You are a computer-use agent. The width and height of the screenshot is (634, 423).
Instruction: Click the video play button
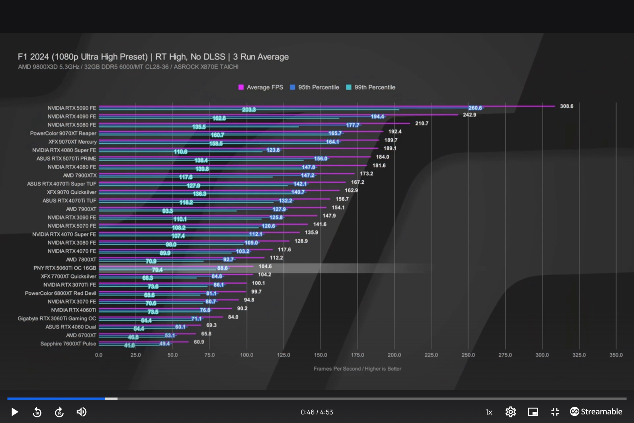click(15, 412)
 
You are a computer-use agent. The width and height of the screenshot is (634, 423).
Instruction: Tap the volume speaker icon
click(81, 412)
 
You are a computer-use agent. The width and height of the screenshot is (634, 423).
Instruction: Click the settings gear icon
click(511, 412)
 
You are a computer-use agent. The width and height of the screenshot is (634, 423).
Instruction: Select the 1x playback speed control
click(489, 412)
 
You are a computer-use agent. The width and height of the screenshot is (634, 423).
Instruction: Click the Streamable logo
click(596, 411)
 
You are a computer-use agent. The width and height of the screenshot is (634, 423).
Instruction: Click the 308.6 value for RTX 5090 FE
click(566, 106)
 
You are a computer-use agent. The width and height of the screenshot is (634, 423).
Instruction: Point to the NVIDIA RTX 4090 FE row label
click(72, 116)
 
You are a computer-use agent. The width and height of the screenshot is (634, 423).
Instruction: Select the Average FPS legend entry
click(261, 87)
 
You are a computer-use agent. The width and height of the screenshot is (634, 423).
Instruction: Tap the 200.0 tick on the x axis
click(394, 355)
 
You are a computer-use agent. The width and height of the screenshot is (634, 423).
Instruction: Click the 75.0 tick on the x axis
click(209, 355)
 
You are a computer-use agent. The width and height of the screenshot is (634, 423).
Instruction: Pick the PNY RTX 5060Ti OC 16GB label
click(65, 268)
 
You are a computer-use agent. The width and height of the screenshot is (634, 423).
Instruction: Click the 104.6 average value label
click(265, 266)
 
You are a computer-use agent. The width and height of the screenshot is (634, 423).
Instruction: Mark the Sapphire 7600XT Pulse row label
click(68, 344)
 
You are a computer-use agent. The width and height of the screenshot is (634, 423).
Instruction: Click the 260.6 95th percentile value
click(475, 108)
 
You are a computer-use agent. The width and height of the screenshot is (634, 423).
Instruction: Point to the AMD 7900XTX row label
click(80, 175)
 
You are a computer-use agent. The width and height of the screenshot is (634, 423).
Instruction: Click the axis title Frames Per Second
click(357, 369)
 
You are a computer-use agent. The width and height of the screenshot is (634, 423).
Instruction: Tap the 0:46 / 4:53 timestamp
click(317, 412)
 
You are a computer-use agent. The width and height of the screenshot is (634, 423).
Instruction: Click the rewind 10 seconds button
click(37, 412)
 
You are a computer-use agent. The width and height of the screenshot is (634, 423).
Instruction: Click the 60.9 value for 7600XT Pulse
click(199, 342)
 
